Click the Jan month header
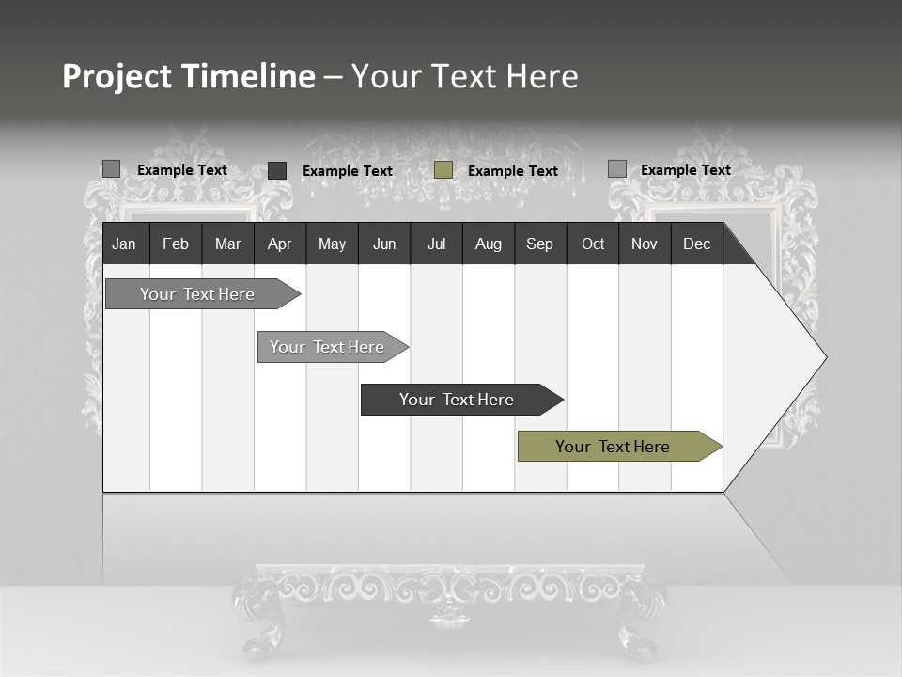pos(124,244)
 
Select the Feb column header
pos(176,244)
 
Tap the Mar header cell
pos(227,244)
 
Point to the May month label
pos(332,244)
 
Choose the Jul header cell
pos(436,244)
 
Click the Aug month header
pos(489,244)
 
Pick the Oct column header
pos(593,244)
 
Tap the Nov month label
pos(645,244)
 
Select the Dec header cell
pos(696,244)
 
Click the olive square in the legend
pos(443,170)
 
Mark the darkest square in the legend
pos(277,170)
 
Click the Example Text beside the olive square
pos(512,171)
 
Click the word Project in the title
pos(117,76)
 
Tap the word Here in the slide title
pos(542,76)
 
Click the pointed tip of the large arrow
pos(824,357)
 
